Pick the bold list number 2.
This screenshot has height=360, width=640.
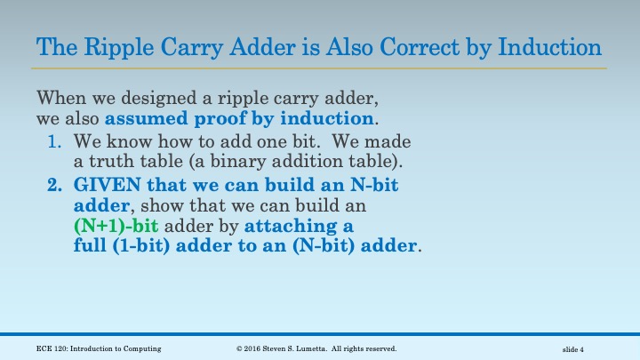point(53,186)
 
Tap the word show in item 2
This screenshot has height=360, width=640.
point(144,206)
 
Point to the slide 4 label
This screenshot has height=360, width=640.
point(573,349)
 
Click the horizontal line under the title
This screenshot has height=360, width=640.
point(320,68)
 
